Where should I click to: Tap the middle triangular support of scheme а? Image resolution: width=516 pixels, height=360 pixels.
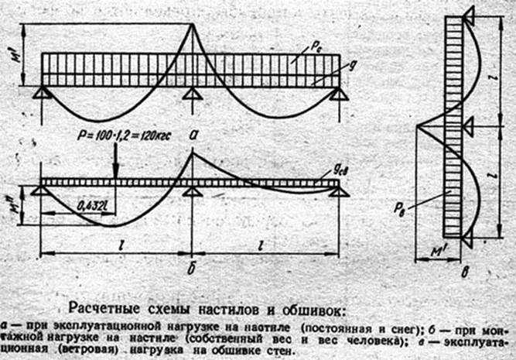click(x=192, y=93)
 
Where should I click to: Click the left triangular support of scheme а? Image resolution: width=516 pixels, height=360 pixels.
click(x=43, y=93)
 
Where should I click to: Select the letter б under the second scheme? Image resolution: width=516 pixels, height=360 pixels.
click(x=191, y=271)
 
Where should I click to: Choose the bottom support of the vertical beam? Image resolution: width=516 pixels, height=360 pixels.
click(x=467, y=241)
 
